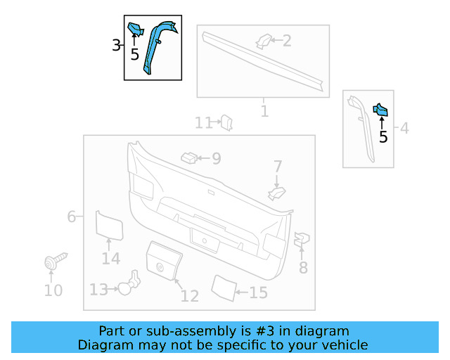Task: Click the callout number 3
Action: click(116, 46)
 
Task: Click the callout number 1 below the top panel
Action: click(264, 111)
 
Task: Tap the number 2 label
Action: click(286, 41)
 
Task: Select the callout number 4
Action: click(404, 128)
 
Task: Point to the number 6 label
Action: click(72, 217)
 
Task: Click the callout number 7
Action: click(278, 167)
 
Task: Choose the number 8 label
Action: click(303, 267)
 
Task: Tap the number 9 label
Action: click(216, 159)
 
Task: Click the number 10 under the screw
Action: click(53, 290)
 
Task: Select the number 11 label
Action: click(203, 124)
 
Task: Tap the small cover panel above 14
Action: click(109, 225)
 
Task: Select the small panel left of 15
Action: click(224, 288)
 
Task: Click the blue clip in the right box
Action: click(380, 109)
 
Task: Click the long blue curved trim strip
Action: click(156, 46)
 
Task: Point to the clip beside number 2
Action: click(264, 41)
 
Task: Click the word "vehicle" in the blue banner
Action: click(344, 345)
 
